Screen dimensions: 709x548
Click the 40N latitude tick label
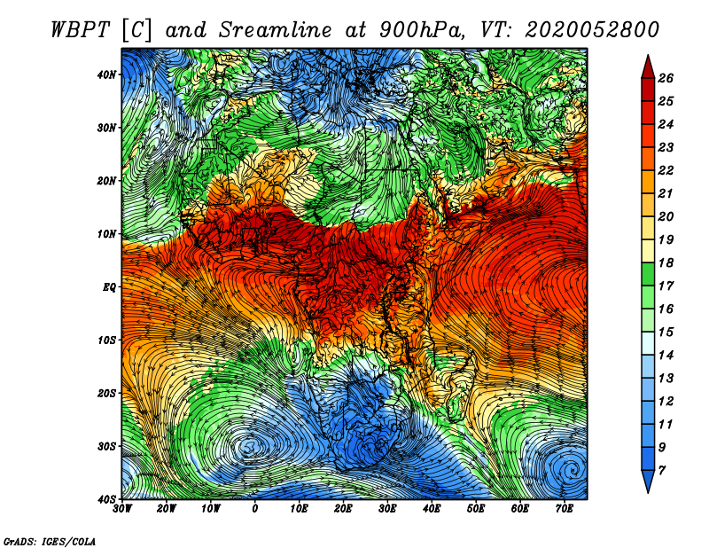(x=106, y=74)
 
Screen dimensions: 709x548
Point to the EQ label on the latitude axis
(x=109, y=287)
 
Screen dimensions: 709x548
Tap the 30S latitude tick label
(x=106, y=447)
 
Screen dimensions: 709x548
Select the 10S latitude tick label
(x=106, y=341)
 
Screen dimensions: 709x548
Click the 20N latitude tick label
(x=106, y=181)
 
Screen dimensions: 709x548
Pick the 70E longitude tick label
(x=564, y=509)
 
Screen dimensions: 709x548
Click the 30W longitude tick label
(x=122, y=509)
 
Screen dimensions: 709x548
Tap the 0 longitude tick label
(x=255, y=509)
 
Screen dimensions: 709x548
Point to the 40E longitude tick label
(x=432, y=509)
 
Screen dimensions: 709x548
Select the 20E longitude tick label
(x=343, y=509)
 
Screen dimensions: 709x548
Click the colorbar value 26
(x=666, y=78)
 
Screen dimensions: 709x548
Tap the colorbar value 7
(x=661, y=471)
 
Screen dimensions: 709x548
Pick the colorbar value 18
(x=666, y=262)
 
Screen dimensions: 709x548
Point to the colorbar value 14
(x=666, y=356)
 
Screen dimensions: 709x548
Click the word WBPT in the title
(x=81, y=30)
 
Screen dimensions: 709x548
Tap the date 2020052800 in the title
(x=591, y=30)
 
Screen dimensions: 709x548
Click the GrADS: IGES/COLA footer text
(x=50, y=542)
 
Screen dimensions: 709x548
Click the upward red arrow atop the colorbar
(x=648, y=67)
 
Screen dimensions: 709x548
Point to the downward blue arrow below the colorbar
(x=648, y=481)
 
